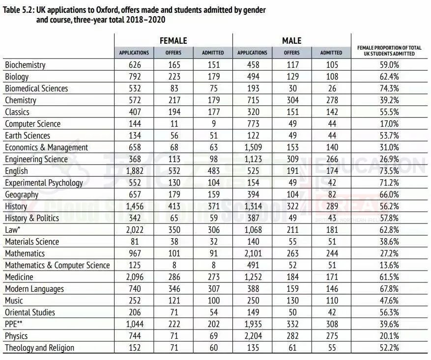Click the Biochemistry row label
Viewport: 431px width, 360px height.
point(25,65)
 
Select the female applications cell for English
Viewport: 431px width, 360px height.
point(134,171)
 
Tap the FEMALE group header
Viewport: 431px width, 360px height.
point(173,41)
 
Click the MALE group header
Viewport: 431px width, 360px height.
point(291,41)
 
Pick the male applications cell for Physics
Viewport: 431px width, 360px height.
point(252,336)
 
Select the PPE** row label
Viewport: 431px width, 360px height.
point(14,324)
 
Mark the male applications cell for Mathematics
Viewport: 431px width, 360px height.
point(252,253)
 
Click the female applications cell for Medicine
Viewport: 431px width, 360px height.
point(134,277)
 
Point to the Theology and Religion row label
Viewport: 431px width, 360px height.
point(39,348)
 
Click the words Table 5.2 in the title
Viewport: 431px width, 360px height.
point(18,10)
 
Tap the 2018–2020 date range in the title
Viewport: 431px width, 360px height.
point(146,20)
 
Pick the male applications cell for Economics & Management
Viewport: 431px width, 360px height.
point(252,147)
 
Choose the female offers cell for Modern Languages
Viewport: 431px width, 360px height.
point(173,289)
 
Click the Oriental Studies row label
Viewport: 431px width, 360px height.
point(30,312)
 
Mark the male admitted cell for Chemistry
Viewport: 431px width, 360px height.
point(331,100)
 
